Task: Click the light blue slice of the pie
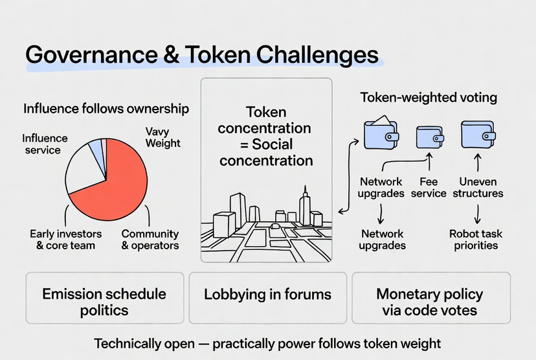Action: pyautogui.click(x=96, y=150)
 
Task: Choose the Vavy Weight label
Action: pyautogui.click(x=162, y=137)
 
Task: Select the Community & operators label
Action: pyautogui.click(x=150, y=239)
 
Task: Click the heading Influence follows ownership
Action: pyautogui.click(x=106, y=109)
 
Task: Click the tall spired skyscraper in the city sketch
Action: pyautogui.click(x=305, y=206)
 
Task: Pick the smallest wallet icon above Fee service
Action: pyautogui.click(x=429, y=137)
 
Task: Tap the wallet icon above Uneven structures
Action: pyautogui.click(x=478, y=135)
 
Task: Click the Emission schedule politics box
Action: pyautogui.click(x=104, y=302)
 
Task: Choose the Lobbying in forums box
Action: pyautogui.click(x=267, y=295)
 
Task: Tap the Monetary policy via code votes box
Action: pyautogui.click(x=430, y=302)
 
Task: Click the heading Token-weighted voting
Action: pyautogui.click(x=429, y=98)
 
